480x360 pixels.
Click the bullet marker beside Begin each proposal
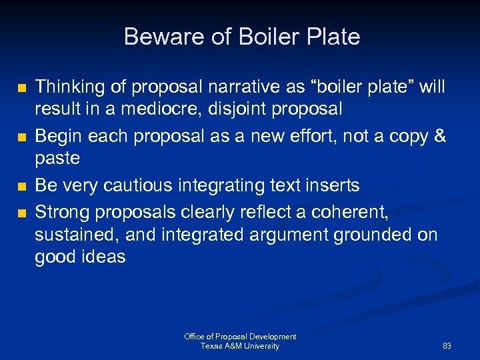(22, 137)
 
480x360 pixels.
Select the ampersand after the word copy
(440, 137)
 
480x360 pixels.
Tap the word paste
(57, 158)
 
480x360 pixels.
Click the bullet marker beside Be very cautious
(22, 187)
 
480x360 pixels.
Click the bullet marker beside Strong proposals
(22, 214)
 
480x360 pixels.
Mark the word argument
(307, 235)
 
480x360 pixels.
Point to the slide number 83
(447, 346)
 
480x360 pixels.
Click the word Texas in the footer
(211, 346)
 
